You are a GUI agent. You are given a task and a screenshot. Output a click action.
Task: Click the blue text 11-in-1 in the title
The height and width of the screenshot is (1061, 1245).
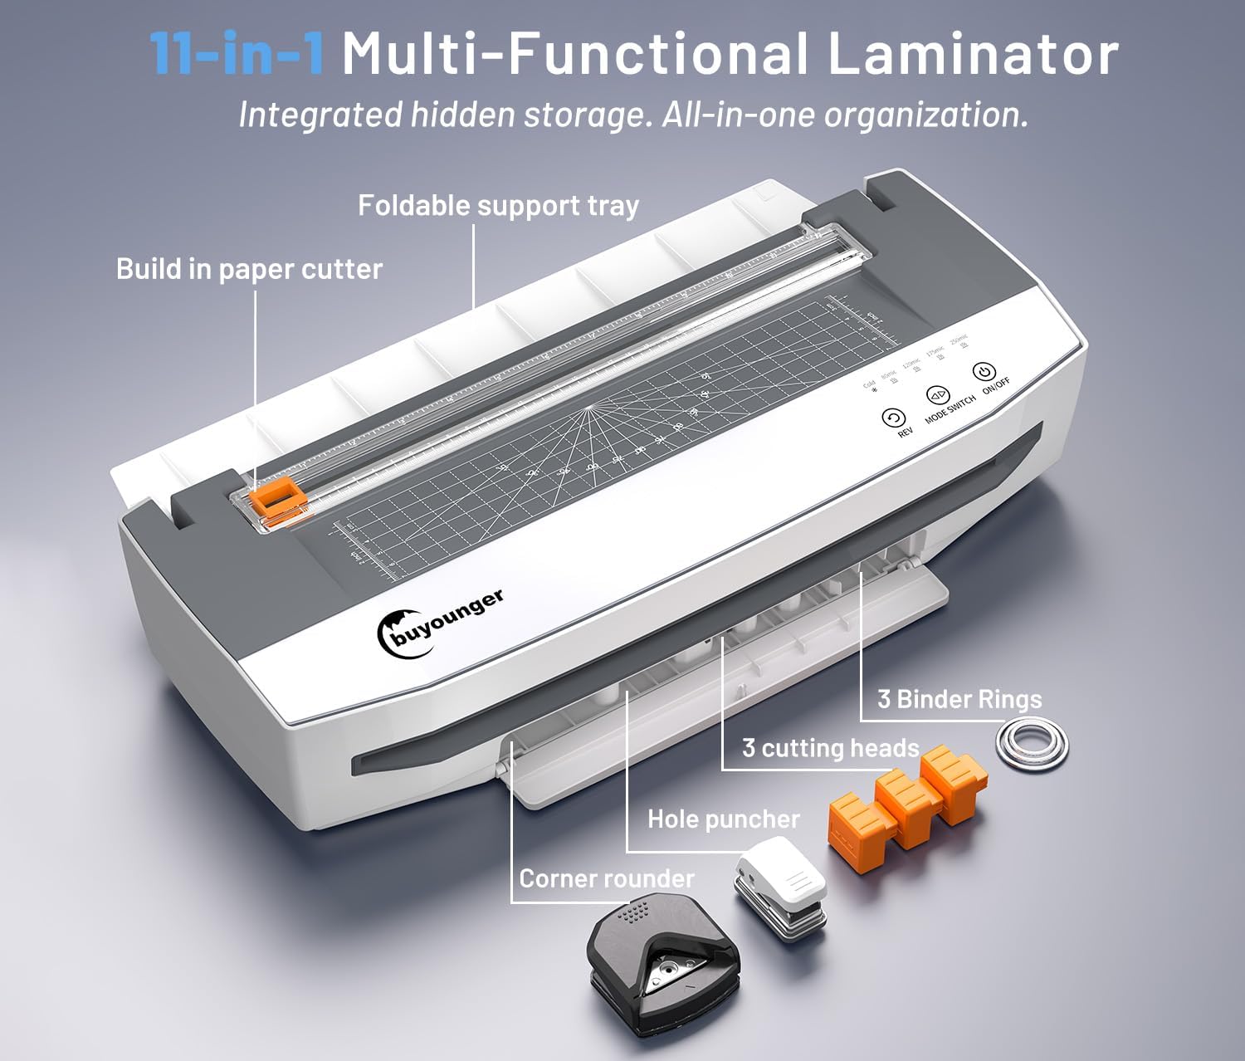236,54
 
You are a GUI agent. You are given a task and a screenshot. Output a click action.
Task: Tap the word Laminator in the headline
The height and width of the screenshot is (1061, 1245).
973,54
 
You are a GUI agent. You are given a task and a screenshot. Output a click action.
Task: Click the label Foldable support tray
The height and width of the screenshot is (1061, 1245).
498,206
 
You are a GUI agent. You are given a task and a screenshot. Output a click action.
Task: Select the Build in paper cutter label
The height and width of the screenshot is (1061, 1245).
249,269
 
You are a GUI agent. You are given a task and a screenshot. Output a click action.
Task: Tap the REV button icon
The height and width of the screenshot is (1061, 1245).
892,418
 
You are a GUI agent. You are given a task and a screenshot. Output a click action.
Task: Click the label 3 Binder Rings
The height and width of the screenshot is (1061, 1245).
959,699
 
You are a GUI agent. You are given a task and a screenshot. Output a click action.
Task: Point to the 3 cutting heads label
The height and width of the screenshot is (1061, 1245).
830,748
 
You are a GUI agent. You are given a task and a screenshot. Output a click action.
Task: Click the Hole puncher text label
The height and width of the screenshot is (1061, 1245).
723,819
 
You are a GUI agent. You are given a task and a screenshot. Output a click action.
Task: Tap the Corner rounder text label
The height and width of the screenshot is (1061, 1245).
607,878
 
